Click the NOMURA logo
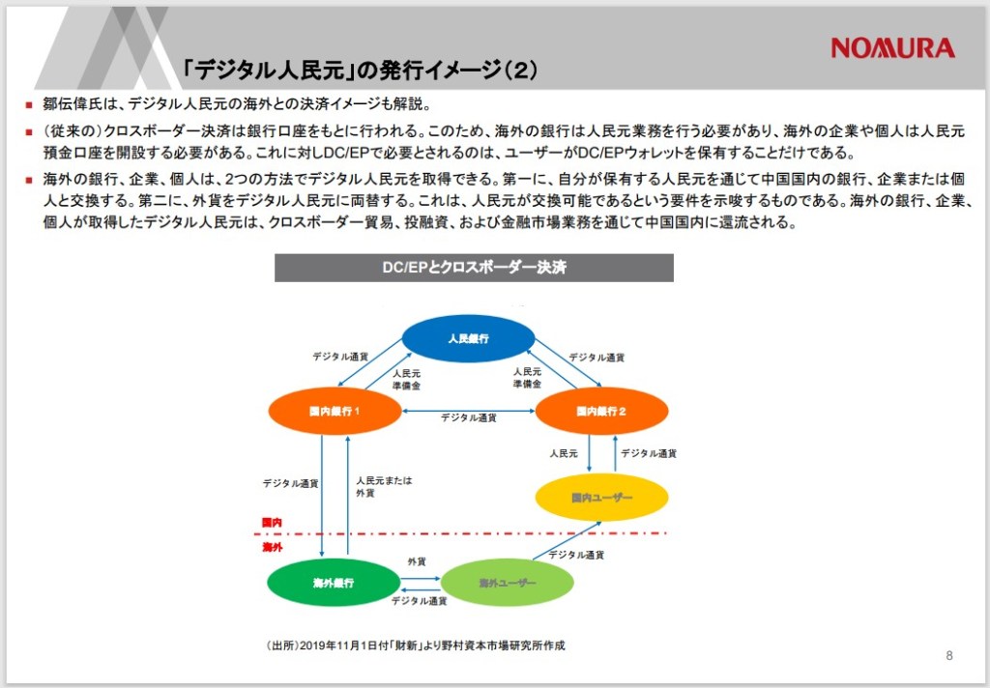(x=892, y=47)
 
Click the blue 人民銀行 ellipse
(x=469, y=339)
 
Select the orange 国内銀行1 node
(x=335, y=412)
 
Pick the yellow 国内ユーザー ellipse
(x=601, y=498)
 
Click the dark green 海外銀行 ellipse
(x=334, y=583)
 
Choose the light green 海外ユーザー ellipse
(x=507, y=583)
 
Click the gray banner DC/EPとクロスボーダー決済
(x=474, y=268)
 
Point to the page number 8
(x=948, y=656)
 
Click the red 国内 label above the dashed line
(x=272, y=523)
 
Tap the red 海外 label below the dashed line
(x=272, y=547)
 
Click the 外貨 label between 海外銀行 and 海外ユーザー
(x=418, y=561)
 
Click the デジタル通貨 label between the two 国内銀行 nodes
(x=469, y=418)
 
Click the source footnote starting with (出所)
(x=415, y=645)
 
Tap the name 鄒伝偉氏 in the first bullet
(x=76, y=104)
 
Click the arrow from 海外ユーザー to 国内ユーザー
(x=566, y=541)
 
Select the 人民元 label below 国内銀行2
(x=564, y=452)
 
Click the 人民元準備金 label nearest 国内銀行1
(x=406, y=378)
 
